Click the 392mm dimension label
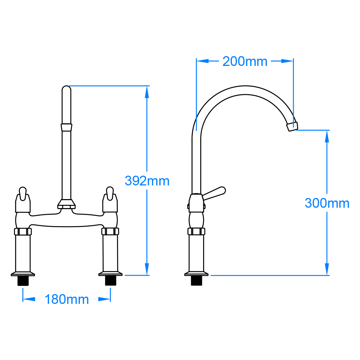pos(147,181)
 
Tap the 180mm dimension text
pos(67,299)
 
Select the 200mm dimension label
pos(245,62)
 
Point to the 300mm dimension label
pos(327,203)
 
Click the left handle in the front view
pos(22,200)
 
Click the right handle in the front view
pos(110,200)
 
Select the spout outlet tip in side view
pos(292,126)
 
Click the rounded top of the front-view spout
pos(66,90)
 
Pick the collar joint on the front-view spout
pos(66,127)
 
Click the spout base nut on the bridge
pos(66,205)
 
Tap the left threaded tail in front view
pos(23,281)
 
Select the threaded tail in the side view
pos(197,281)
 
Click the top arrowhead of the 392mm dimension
pos(147,92)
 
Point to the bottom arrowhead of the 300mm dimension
pos(327,269)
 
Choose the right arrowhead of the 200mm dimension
pos(287,61)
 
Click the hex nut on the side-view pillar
pos(197,231)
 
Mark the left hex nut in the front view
pos(23,231)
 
